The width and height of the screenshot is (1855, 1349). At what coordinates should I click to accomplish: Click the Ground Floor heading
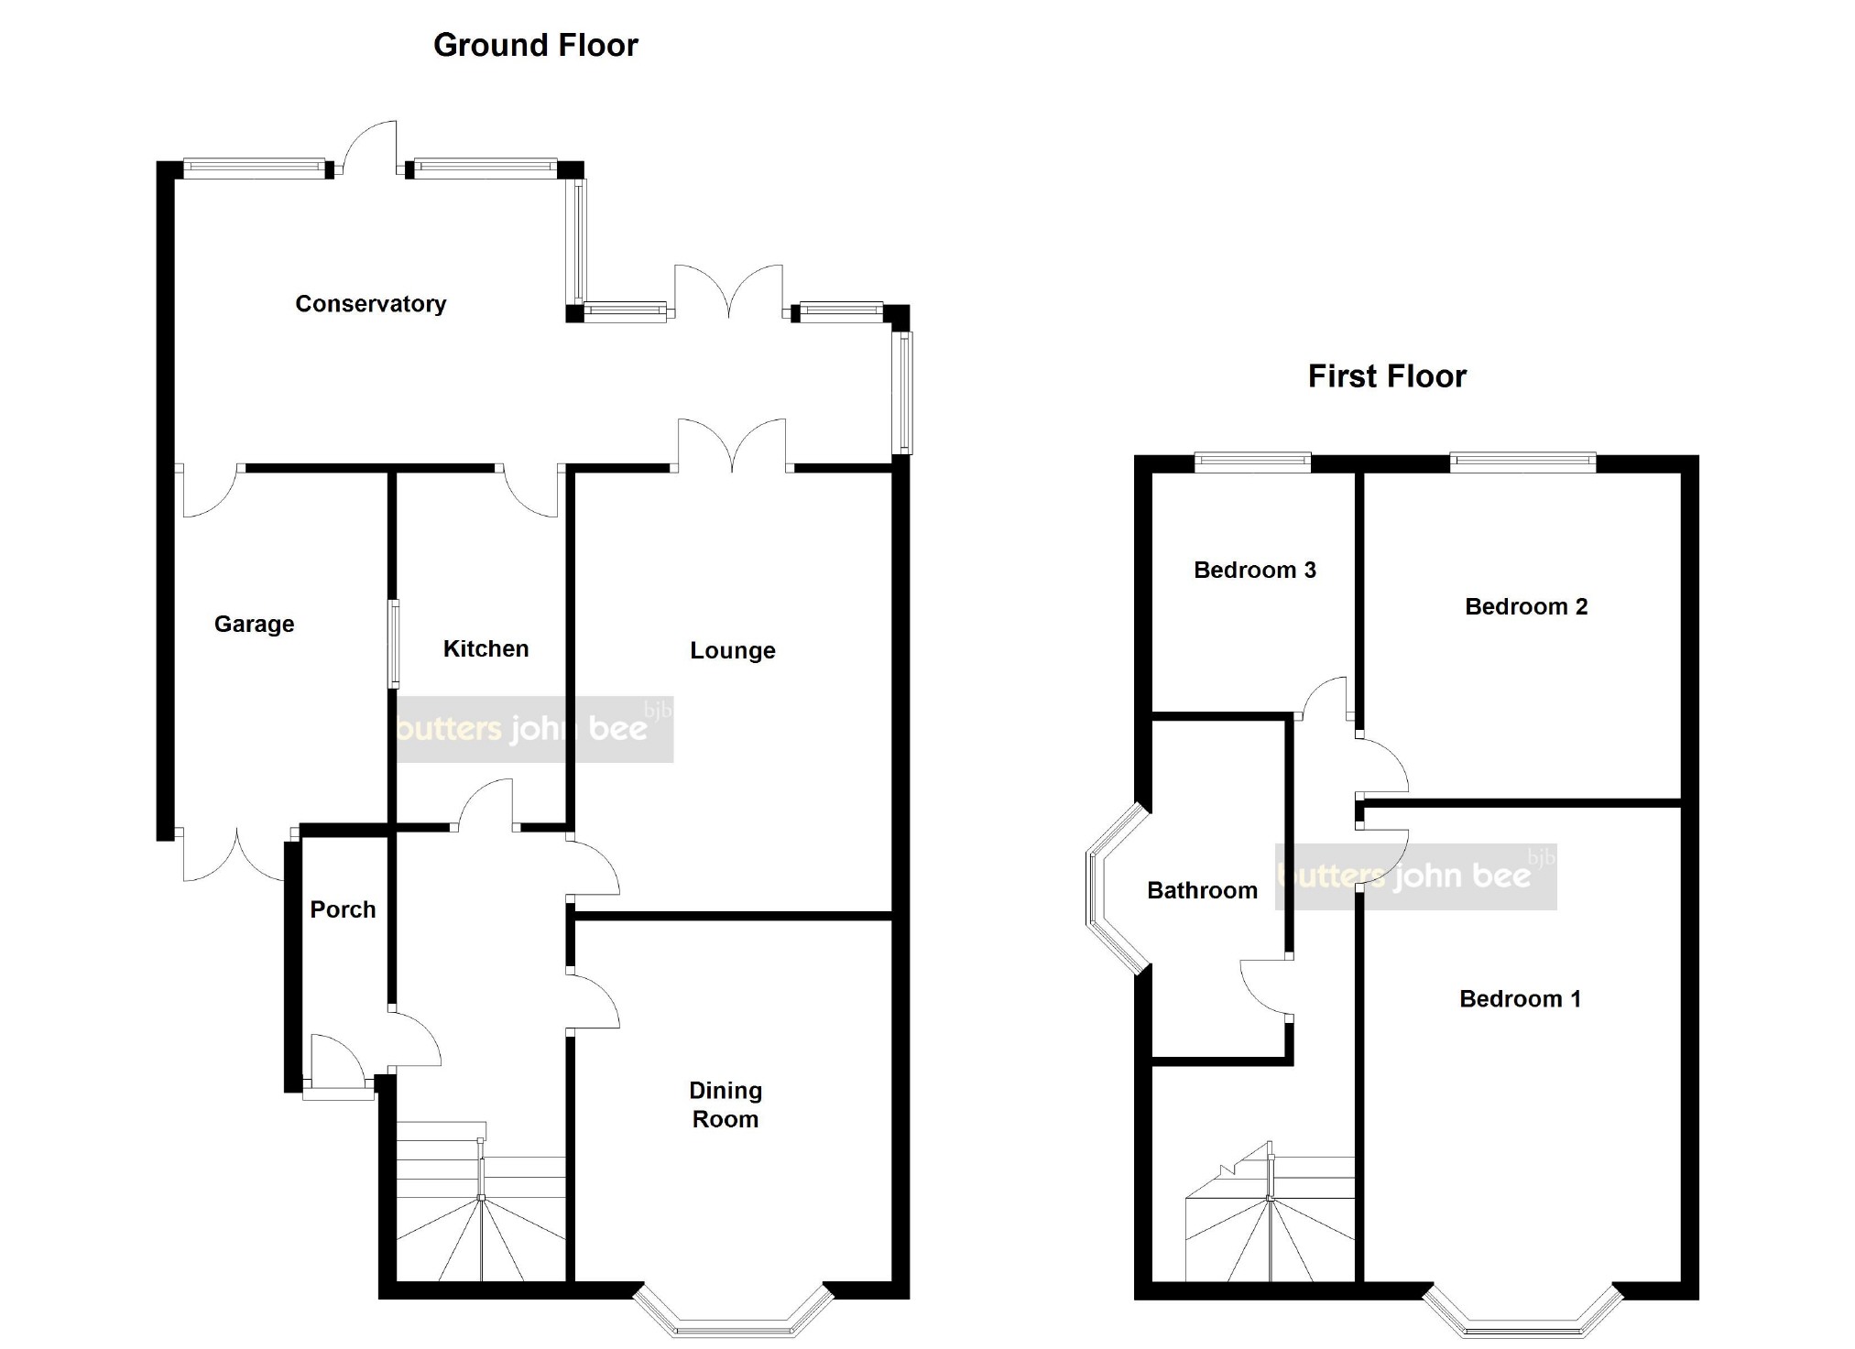[x=535, y=45]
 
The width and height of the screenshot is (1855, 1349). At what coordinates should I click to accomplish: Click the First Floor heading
[x=1387, y=376]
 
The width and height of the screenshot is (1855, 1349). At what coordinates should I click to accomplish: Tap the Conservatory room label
[x=371, y=304]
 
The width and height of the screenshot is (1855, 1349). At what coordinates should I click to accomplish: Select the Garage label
[x=254, y=624]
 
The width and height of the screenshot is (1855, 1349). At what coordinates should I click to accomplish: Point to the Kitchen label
[x=486, y=648]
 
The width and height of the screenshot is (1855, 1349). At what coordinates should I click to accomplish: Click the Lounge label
[x=733, y=650]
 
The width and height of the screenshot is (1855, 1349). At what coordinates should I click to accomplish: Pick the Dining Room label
[x=726, y=1104]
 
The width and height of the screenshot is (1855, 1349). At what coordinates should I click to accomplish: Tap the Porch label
[x=343, y=909]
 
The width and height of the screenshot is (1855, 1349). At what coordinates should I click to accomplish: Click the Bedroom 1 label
[x=1521, y=998]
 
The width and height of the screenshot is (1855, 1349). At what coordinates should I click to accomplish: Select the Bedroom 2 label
[x=1526, y=606]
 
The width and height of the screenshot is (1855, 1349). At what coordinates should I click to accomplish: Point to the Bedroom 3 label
[x=1255, y=570]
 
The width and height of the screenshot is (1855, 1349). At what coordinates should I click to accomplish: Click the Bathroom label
[x=1202, y=890]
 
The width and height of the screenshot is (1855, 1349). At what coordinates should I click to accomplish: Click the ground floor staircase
[x=481, y=1202]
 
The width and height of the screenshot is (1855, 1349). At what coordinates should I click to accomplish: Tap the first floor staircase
[x=1270, y=1211]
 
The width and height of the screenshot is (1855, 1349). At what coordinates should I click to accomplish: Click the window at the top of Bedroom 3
[x=1253, y=462]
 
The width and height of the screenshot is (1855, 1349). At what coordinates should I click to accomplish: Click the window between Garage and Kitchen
[x=394, y=643]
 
